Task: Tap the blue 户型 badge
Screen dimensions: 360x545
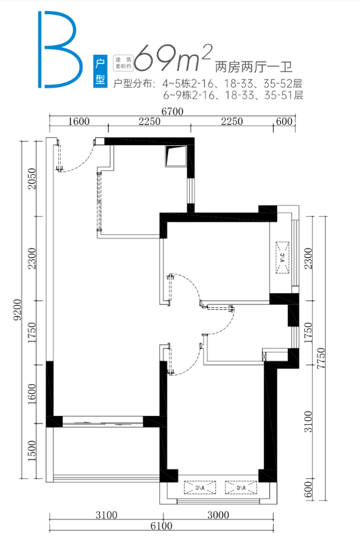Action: pyautogui.click(x=100, y=71)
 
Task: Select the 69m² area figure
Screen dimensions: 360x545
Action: pyautogui.click(x=173, y=57)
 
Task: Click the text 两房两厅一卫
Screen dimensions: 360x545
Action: pyautogui.click(x=254, y=67)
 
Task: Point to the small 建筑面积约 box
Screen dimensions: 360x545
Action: pyautogui.click(x=124, y=62)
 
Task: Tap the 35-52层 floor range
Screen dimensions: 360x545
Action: pyautogui.click(x=282, y=84)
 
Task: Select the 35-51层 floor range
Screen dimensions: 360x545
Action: pyautogui.click(x=283, y=95)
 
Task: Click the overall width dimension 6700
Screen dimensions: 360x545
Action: pyautogui.click(x=172, y=111)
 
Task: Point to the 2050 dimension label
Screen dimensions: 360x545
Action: pyautogui.click(x=32, y=178)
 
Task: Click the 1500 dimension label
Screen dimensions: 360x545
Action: pyautogui.click(x=32, y=451)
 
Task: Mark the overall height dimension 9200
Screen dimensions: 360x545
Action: pyautogui.click(x=18, y=310)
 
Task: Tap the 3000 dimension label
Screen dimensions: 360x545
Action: pyautogui.click(x=218, y=515)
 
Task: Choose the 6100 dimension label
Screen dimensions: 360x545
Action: pyautogui.click(x=161, y=526)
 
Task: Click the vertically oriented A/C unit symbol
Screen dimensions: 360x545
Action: pyautogui.click(x=282, y=257)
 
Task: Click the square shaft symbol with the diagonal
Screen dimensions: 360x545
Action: pyautogui.click(x=176, y=156)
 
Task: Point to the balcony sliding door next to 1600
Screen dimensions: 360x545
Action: pyautogui.click(x=103, y=423)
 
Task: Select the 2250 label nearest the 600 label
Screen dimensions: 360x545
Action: pyautogui.click(x=232, y=122)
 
